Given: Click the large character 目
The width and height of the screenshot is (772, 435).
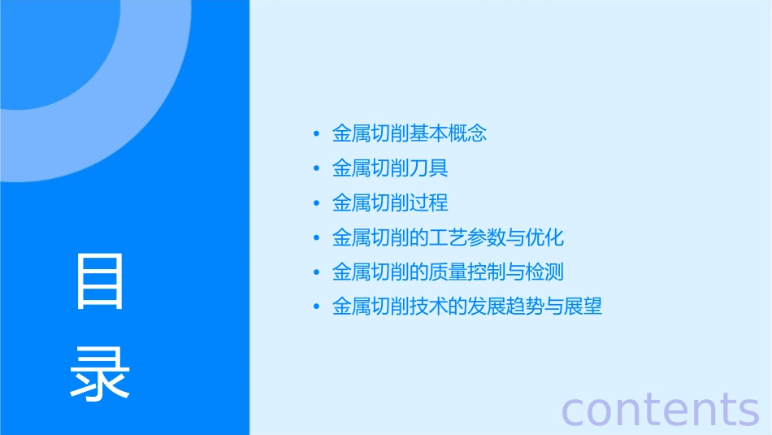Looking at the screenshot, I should click(100, 281).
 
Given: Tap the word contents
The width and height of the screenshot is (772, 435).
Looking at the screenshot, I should click(660, 409).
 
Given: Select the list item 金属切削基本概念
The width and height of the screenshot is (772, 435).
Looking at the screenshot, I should click(410, 133).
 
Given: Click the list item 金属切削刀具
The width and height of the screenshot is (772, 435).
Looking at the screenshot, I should click(390, 168).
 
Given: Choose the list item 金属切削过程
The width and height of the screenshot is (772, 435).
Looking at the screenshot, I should click(390, 203).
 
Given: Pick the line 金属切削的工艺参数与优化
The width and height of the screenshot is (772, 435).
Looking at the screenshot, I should click(448, 237).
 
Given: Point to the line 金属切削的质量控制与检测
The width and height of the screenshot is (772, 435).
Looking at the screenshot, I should click(448, 272).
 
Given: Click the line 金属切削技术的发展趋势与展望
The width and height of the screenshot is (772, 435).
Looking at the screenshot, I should click(467, 307).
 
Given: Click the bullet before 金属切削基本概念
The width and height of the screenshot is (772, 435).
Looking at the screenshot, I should click(316, 134).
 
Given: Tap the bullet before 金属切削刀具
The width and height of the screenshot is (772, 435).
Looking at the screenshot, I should click(316, 169).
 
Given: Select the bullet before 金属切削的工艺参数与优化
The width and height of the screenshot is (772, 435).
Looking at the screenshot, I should click(316, 238).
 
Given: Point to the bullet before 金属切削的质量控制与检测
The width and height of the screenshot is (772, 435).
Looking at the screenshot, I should click(316, 272).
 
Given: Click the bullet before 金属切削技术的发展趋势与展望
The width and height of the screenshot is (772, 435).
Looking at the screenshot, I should click(316, 307).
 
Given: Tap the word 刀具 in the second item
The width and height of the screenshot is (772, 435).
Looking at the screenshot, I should click(429, 168).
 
